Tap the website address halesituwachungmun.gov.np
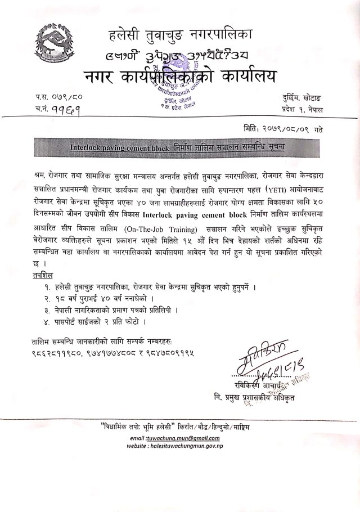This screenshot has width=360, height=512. pyautogui.click(x=196, y=445)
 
